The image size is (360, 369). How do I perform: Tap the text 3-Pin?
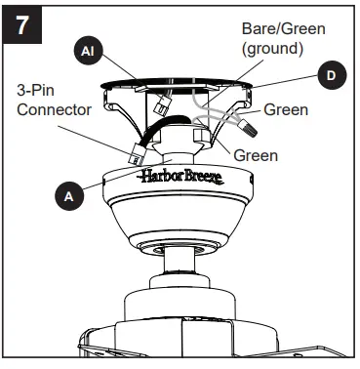[x=36, y=89]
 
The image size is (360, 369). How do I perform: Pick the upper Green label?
[x=286, y=110]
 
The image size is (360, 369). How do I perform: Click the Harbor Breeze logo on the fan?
[x=180, y=177]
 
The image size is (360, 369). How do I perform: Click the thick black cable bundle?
[x=160, y=130]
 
